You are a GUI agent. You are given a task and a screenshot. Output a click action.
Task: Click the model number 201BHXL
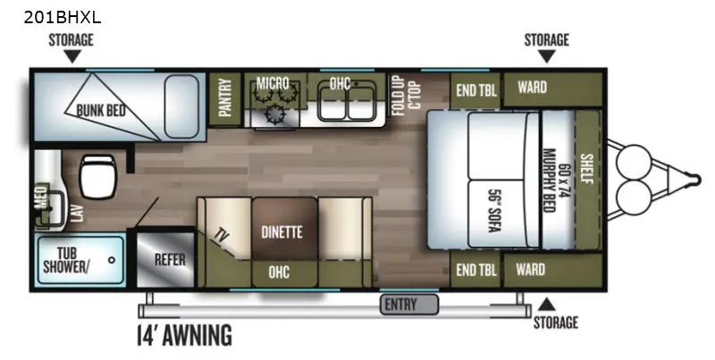click(63, 17)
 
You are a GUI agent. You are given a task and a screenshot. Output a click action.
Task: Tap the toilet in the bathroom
click(97, 176)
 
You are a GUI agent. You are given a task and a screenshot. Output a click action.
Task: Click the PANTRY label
click(225, 97)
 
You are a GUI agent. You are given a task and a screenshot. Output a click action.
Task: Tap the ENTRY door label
click(400, 304)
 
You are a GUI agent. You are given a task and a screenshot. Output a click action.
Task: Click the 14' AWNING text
click(185, 335)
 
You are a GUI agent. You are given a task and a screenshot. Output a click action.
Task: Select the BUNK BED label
click(101, 110)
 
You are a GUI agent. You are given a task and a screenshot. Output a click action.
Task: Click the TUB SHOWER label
click(66, 260)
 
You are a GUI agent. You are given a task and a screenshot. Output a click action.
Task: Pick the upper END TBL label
click(476, 90)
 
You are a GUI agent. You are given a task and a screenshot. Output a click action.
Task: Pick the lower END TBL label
click(476, 270)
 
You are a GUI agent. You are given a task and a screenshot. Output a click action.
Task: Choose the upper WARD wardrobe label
click(532, 87)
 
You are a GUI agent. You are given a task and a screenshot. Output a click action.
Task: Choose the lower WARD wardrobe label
click(530, 269)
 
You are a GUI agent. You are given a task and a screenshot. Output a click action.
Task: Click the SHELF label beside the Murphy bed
click(586, 169)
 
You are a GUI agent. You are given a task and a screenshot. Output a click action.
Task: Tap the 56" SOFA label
click(494, 211)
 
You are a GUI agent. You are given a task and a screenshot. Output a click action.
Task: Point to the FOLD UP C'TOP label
click(406, 96)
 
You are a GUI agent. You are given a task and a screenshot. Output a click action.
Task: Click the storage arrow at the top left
click(71, 56)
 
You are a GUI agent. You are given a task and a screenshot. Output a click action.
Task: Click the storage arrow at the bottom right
click(547, 305)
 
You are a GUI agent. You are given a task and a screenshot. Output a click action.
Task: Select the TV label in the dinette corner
click(223, 236)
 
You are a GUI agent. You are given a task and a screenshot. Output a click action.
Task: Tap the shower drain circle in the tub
click(112, 260)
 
